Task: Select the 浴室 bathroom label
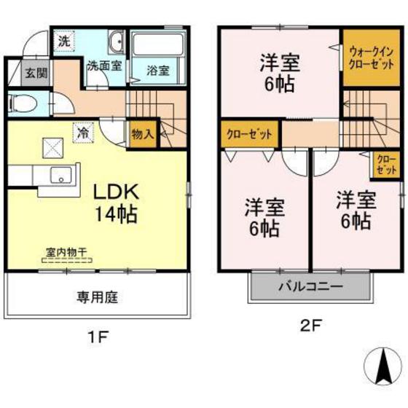point(157,70)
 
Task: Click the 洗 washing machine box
point(64,42)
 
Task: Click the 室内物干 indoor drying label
point(66,252)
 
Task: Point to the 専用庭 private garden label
point(98,297)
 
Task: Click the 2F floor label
point(310,326)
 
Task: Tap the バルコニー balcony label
point(309,287)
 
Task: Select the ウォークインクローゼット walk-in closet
point(371,57)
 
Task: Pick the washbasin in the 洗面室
point(116,42)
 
